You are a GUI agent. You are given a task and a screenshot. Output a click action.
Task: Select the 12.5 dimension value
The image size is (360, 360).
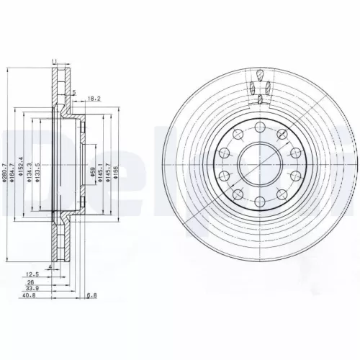(x=31, y=274)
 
